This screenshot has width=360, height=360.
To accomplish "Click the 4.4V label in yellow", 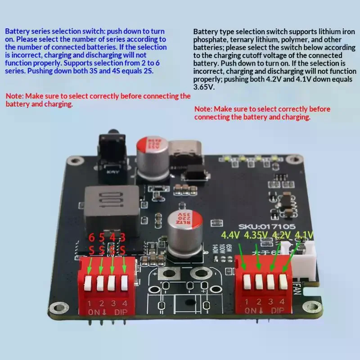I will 230,235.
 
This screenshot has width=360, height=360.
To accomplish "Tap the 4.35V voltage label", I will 256,235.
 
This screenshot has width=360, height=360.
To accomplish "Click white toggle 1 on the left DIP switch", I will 89,282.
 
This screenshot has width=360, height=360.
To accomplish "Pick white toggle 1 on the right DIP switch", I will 247,282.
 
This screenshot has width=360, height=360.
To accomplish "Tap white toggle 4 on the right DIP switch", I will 282,282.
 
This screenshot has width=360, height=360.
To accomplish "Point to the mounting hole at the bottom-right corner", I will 311,307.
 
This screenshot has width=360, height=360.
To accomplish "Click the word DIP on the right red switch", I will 277,311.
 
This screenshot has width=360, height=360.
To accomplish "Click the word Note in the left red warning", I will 14,96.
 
